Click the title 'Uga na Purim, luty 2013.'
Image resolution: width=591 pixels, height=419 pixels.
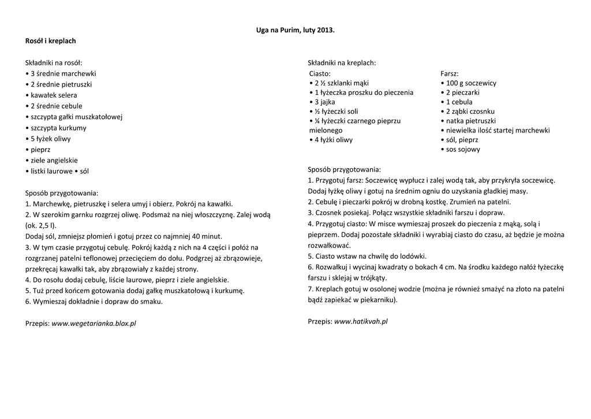point(295,29)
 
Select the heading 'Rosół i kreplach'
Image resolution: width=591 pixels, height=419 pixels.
point(50,41)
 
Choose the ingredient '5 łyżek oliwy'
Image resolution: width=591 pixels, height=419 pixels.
point(50,139)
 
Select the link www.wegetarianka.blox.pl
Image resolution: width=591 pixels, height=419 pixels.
point(93,324)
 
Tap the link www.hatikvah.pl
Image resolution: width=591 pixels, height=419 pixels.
point(361,321)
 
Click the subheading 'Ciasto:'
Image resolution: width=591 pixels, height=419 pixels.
point(320,73)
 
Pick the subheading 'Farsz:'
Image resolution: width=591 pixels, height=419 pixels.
point(450,73)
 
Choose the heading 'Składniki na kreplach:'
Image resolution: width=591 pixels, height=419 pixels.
point(342,62)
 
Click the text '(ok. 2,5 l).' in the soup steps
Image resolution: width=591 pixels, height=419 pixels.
point(41,225)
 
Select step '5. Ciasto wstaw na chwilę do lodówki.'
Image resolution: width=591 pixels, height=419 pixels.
point(367,255)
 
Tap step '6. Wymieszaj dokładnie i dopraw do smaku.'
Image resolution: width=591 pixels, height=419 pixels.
point(94,301)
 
